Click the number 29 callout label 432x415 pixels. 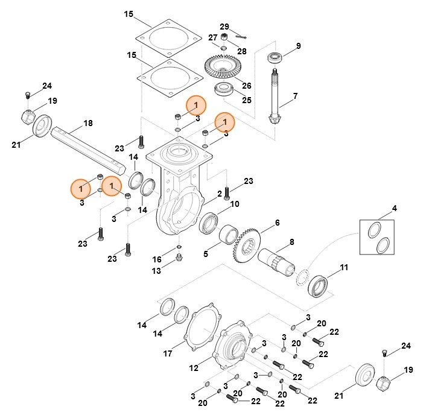point(224,27)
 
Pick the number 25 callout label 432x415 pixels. point(246,100)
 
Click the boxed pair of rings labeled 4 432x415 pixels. point(378,237)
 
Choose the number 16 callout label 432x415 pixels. point(157,259)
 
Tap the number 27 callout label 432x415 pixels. point(212,37)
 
